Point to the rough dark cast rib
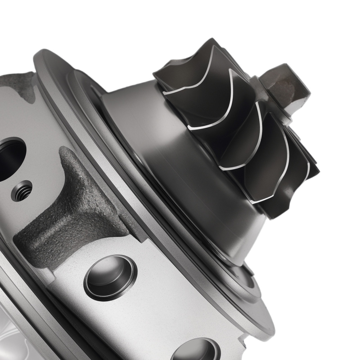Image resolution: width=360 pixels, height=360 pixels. point(72,212)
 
